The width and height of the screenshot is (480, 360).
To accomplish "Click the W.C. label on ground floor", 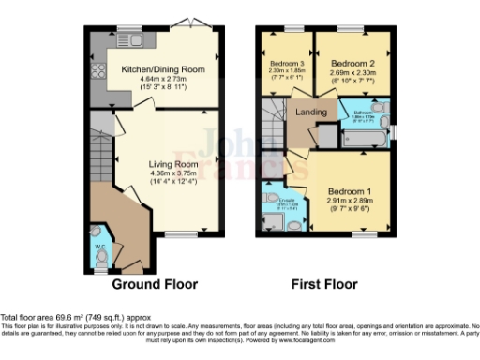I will coord(100,247).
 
